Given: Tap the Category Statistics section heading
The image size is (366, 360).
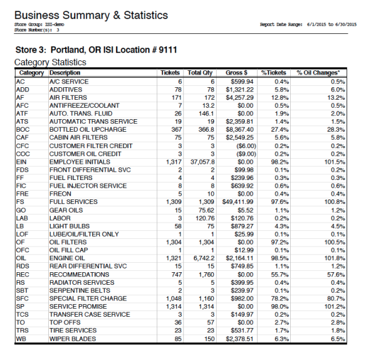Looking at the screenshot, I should click(x=50, y=63).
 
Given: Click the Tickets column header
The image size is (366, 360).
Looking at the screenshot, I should click(x=170, y=73).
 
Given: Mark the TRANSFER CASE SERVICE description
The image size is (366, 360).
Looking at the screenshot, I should click(x=90, y=315).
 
